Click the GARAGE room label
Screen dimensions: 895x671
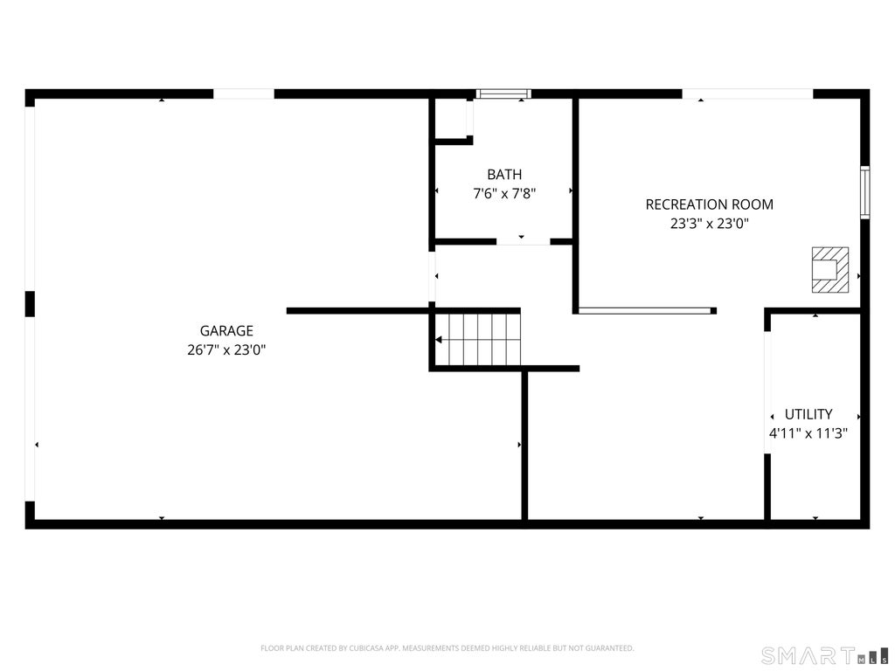point(226,330)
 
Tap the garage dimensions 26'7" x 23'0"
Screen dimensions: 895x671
point(226,349)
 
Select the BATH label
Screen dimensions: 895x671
point(504,174)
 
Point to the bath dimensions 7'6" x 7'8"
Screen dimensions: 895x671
point(504,193)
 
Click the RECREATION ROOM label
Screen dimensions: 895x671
point(710,204)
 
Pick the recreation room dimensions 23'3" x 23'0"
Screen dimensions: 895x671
point(710,223)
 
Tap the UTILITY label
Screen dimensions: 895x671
point(808,414)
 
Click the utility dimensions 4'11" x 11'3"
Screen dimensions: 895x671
point(808,433)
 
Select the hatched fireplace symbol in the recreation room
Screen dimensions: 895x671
point(830,270)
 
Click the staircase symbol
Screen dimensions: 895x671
point(478,340)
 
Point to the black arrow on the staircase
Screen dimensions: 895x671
point(439,340)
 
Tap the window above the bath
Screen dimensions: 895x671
point(504,93)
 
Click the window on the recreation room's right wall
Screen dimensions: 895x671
point(865,192)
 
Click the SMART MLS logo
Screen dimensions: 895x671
point(825,655)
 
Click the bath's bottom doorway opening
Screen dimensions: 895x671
point(523,242)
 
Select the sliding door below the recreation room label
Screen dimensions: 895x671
point(645,311)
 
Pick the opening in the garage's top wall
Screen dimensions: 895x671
point(244,93)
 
